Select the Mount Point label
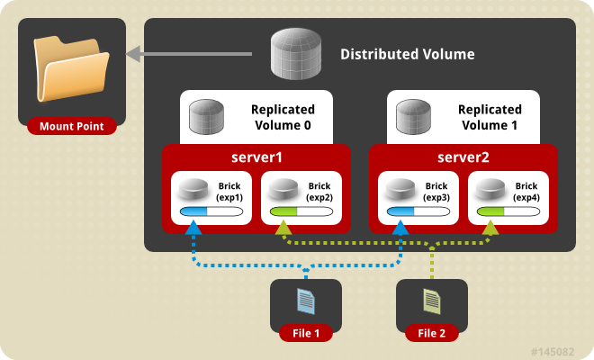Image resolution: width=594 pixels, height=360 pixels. click(72, 127)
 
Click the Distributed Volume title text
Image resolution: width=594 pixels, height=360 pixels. click(407, 55)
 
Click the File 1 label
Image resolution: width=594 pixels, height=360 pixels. click(306, 334)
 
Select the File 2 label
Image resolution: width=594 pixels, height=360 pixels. click(432, 334)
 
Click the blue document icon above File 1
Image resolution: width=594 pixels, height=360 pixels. click(306, 300)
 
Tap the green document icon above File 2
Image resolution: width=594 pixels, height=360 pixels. click(432, 300)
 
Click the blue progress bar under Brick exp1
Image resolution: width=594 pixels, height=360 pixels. click(214, 212)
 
